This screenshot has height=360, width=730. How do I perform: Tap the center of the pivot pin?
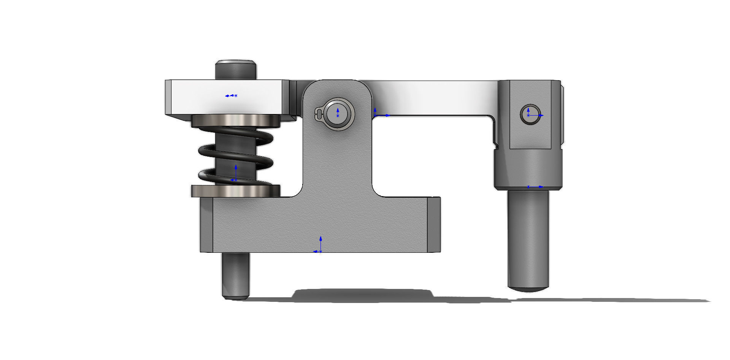click(x=338, y=113)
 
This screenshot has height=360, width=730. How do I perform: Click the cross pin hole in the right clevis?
click(x=530, y=114)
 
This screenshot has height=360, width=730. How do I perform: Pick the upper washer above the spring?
click(x=236, y=121)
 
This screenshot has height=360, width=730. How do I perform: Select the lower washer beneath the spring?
click(x=236, y=191)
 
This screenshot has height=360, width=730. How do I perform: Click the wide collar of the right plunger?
click(x=528, y=169)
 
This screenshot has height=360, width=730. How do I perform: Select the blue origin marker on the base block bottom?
click(x=320, y=251)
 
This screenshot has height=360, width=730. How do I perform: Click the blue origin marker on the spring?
click(x=236, y=179)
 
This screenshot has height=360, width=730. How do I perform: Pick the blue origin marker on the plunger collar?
click(x=528, y=187)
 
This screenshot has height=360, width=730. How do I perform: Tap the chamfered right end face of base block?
click(x=434, y=224)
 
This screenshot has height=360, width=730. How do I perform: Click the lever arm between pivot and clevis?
click(x=433, y=97)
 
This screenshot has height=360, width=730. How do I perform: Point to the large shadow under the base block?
click(x=363, y=296)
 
